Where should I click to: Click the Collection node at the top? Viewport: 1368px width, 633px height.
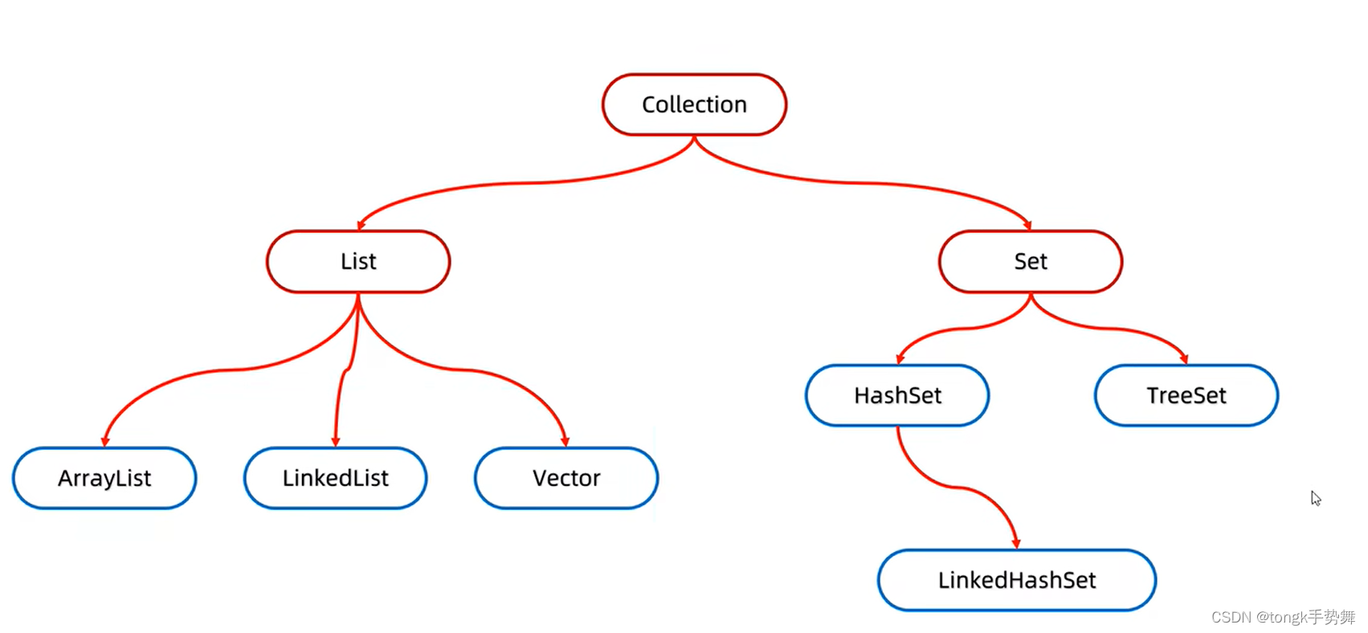click(x=694, y=104)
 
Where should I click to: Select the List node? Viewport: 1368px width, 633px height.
click(x=358, y=261)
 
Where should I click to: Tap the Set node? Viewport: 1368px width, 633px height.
click(x=1030, y=261)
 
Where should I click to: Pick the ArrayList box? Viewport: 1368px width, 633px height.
click(x=104, y=478)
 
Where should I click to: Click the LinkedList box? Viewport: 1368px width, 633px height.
click(x=335, y=478)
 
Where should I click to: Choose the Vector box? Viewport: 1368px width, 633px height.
click(x=566, y=478)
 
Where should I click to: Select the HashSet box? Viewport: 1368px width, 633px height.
click(x=897, y=395)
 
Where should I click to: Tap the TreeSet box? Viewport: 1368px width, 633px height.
click(x=1186, y=395)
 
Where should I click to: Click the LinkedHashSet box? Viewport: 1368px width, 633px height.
click(x=1016, y=580)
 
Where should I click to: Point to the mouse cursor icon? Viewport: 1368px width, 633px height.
click(x=1315, y=498)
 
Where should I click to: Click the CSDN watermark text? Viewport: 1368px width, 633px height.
click(x=1283, y=617)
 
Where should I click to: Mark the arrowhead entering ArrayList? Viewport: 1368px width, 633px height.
click(x=105, y=441)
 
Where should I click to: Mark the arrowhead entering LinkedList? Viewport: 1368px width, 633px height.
click(x=336, y=441)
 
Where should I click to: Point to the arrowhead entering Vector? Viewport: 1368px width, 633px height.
click(x=565, y=441)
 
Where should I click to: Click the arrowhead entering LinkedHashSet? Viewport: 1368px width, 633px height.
click(x=1016, y=544)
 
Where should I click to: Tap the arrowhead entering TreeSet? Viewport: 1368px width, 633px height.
click(x=1184, y=358)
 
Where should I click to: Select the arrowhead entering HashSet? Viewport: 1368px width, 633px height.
click(x=900, y=359)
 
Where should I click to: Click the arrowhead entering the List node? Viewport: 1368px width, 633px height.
click(x=361, y=225)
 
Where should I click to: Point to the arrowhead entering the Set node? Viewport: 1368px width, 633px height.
click(x=1027, y=226)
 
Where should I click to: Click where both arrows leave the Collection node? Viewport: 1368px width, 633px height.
click(x=694, y=137)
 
